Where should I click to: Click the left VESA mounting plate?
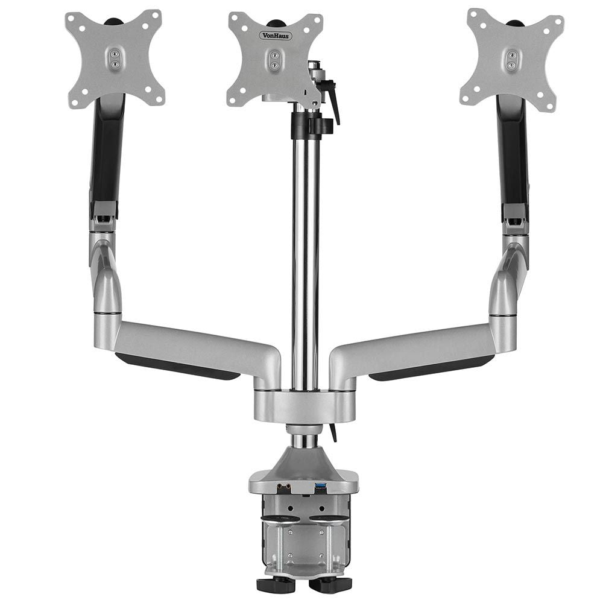tap(114, 58)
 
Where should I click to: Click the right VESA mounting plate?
tap(512, 58)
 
